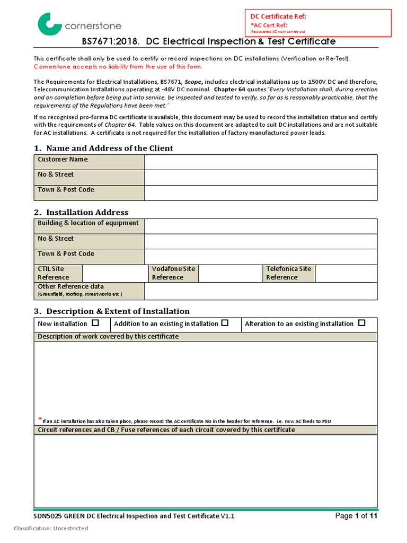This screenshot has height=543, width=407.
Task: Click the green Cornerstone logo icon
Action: [49, 24]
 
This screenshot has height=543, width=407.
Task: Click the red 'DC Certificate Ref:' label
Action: [278, 16]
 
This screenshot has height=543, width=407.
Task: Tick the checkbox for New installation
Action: [95, 323]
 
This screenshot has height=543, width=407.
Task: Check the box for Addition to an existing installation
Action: [225, 323]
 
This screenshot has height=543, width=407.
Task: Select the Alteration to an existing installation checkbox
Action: [361, 323]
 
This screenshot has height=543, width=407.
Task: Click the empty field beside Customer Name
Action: [261, 162]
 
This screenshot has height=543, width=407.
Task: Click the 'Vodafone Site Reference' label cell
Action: [173, 273]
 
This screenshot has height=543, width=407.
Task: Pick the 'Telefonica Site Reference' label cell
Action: [288, 273]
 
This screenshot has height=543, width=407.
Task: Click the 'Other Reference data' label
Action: [70, 287]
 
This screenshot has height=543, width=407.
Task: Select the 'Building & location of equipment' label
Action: [88, 223]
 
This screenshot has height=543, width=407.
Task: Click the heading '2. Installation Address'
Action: [81, 212]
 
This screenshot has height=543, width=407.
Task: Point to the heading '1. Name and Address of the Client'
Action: [103, 148]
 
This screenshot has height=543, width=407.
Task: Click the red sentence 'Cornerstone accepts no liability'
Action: [118, 67]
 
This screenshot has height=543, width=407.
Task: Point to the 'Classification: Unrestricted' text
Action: [51, 528]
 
